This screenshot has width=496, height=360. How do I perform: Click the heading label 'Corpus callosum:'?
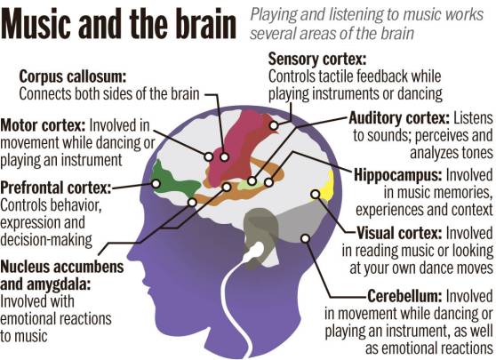73,76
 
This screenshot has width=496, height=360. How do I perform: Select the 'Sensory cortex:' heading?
317,60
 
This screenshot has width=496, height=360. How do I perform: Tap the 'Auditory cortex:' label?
399,118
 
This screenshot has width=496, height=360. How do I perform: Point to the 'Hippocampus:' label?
397,175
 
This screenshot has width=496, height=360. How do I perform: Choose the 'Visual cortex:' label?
399,233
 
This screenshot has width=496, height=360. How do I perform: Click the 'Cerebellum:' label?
404,296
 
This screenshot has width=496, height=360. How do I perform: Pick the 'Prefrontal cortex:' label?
56,188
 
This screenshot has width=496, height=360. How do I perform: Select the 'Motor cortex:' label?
43,125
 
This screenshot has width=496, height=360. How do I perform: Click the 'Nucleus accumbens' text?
62,267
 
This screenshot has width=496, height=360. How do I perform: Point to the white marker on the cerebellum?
305,238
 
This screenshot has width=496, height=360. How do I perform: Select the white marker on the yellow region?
315,195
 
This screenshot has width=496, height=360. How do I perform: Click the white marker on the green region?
156,183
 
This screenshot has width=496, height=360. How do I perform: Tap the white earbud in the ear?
256,250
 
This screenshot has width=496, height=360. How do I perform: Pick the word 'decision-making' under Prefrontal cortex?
46,240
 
